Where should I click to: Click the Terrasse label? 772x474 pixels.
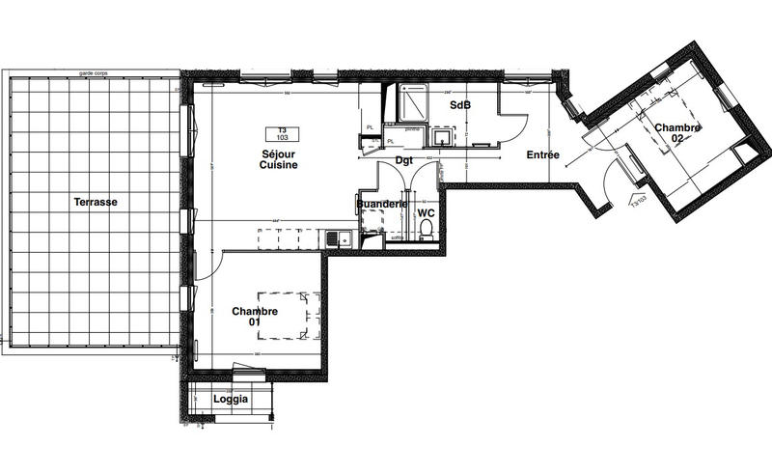click(95, 202)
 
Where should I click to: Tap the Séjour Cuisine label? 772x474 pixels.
click(278, 159)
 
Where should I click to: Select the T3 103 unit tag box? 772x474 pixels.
click(283, 135)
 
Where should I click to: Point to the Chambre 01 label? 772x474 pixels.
click(255, 317)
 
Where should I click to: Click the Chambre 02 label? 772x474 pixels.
click(677, 133)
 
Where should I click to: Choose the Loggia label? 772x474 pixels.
click(231, 399)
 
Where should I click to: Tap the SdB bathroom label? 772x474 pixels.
click(458, 104)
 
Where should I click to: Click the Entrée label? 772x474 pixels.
click(543, 155)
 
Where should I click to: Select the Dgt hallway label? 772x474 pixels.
click(404, 161)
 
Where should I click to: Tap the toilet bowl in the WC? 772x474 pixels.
click(426, 229)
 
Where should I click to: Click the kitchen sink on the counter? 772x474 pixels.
click(333, 237)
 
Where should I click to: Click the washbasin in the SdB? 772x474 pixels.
click(442, 138)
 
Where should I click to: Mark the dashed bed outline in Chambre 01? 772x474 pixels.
click(289, 315)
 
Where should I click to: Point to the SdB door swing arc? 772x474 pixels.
click(515, 121)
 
